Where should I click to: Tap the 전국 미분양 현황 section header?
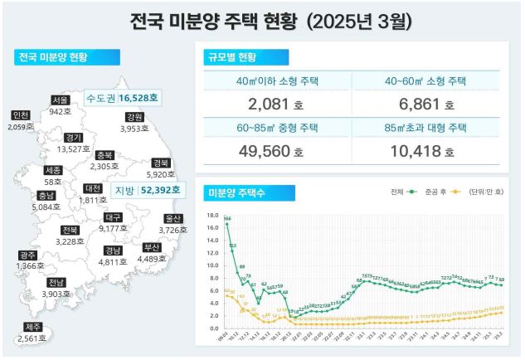point(55,57)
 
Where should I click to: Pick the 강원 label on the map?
point(135,117)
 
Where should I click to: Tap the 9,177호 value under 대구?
point(113,228)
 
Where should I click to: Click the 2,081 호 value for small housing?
point(276,105)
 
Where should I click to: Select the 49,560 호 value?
point(276,153)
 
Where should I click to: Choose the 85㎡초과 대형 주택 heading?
point(425,129)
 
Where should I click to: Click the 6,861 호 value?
point(425,105)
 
